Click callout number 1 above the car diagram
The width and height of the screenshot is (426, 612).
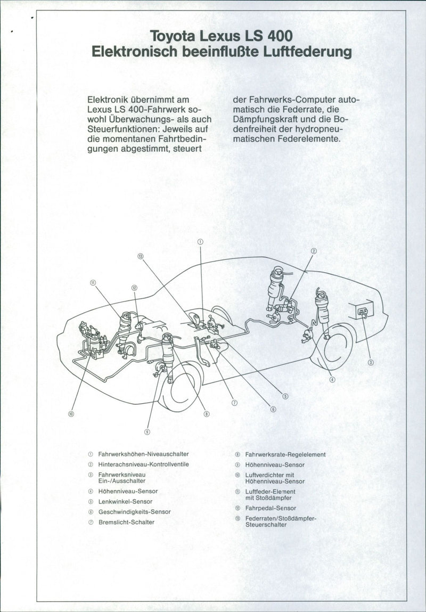point(200,242)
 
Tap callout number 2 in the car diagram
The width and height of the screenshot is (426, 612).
point(314,250)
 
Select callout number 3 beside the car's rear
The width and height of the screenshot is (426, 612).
point(371,363)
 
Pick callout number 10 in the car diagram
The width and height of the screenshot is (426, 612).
point(71,414)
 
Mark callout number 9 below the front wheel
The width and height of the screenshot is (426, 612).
point(146,431)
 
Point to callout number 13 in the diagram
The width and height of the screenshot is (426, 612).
point(141,256)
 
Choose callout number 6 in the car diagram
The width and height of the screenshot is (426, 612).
point(273,409)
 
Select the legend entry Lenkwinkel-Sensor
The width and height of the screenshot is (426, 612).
point(125,502)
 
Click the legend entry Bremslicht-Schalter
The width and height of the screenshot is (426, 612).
point(126,522)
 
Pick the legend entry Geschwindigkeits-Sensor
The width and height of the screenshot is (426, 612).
point(135,512)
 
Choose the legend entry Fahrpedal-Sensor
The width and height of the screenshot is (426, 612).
point(271,508)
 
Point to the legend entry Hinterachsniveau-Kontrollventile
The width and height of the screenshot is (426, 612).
point(144,464)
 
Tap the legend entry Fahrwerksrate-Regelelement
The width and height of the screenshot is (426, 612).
point(285,454)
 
